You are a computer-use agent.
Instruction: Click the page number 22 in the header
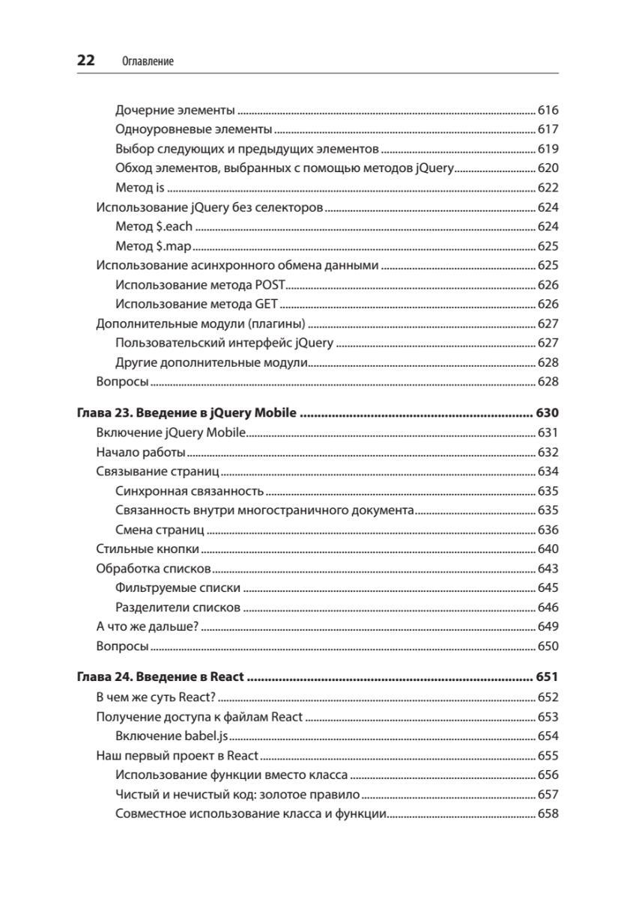point(86,61)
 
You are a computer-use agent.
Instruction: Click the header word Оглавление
point(148,61)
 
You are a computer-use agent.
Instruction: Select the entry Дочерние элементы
point(175,111)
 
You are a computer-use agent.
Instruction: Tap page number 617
point(548,129)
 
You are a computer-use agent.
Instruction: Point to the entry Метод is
point(140,188)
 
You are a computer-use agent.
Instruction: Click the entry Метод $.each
point(154,227)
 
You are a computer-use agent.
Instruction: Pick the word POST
point(270,285)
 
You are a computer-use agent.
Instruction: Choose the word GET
point(267,305)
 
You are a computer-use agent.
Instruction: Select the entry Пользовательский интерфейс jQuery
point(225,343)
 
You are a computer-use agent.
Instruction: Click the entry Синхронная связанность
point(190,491)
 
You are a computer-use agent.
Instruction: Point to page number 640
point(548,549)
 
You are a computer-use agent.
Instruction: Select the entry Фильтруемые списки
point(178,588)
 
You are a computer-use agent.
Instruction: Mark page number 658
point(548,813)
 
